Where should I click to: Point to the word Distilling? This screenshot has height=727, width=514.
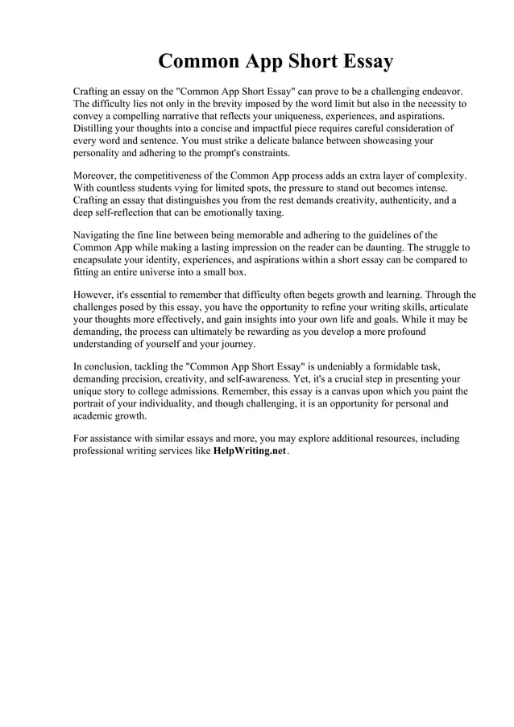tap(97, 128)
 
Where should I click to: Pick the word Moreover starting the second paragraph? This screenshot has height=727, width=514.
tap(97, 175)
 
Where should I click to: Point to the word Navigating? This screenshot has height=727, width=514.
tap(101, 234)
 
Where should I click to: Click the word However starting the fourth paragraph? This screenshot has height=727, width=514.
tap(96, 294)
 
